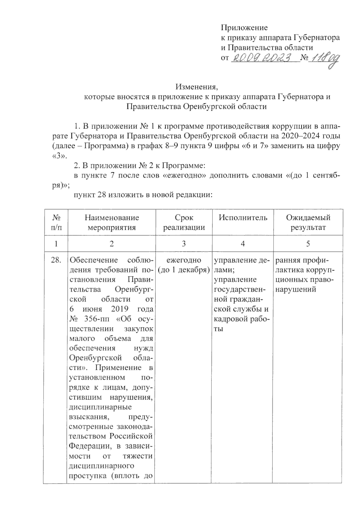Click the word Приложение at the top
pyautogui.click(x=244, y=28)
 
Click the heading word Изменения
pyautogui.click(x=196, y=87)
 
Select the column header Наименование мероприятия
pyautogui.click(x=112, y=222)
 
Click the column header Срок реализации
pyautogui.click(x=184, y=222)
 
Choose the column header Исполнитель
pyautogui.click(x=243, y=218)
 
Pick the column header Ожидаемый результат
pyautogui.click(x=308, y=222)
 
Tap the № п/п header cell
pyautogui.click(x=56, y=222)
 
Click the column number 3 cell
pyautogui.click(x=184, y=244)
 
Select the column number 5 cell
pyautogui.click(x=308, y=244)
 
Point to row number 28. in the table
pyautogui.click(x=56, y=260)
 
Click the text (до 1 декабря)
pyautogui.click(x=184, y=270)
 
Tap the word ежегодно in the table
pyautogui.click(x=184, y=260)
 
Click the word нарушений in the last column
pyautogui.click(x=295, y=290)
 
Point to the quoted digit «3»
pyautogui.click(x=57, y=156)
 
